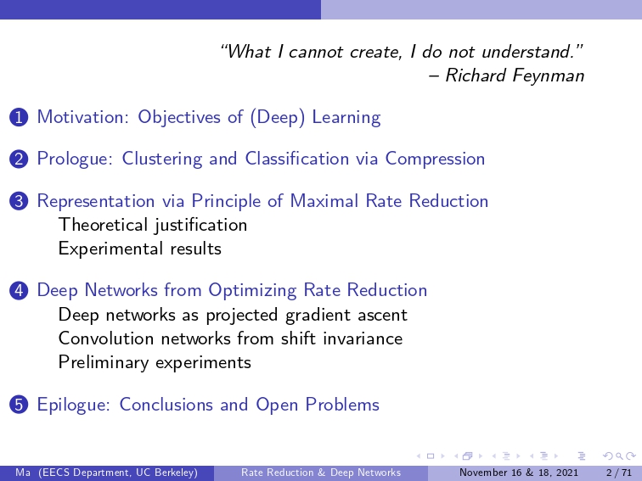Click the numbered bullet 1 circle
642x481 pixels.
19,117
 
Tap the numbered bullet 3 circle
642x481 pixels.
19,201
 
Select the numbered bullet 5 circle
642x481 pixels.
19,405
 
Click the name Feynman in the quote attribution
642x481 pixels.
548,76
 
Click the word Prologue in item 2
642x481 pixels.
75,159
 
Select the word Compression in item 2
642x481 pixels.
435,159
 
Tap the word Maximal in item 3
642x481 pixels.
324,201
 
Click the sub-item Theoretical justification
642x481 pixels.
153,225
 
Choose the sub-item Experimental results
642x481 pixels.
140,249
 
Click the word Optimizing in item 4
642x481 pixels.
252,291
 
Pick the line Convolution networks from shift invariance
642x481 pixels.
230,338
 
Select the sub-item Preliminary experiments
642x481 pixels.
155,363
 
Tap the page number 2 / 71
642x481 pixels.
619,473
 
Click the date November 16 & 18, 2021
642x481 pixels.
519,473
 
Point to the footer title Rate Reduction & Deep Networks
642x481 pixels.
321,473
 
